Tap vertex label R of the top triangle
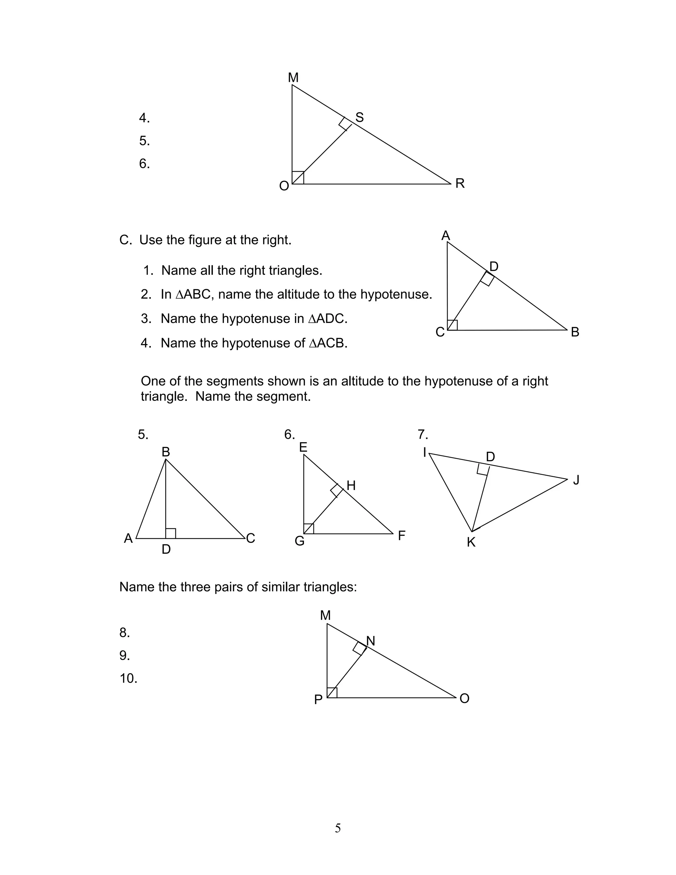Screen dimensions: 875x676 (x=460, y=184)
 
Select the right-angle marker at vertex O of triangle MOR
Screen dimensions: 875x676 (x=298, y=178)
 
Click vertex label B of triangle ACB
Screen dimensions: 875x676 (x=575, y=332)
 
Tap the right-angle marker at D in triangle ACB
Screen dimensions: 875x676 (x=487, y=279)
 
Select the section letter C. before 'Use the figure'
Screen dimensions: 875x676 (x=125, y=240)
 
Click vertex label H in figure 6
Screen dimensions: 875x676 (x=351, y=486)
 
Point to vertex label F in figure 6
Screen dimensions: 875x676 (x=402, y=535)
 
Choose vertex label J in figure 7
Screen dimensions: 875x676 (x=576, y=480)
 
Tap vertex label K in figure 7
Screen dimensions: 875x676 (x=471, y=542)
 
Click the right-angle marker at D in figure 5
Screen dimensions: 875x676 (x=171, y=533)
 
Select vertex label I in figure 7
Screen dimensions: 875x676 (x=424, y=452)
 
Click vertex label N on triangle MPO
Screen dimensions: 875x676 (x=370, y=641)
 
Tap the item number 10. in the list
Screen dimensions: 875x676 (x=128, y=678)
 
